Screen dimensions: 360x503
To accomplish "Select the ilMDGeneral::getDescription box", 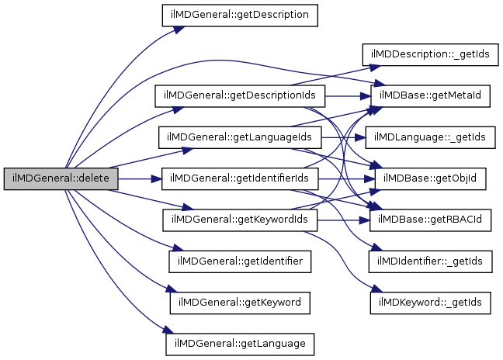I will (240, 15).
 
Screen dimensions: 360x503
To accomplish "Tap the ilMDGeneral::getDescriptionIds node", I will (240, 96).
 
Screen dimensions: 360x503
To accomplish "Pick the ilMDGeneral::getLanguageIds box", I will (240, 137).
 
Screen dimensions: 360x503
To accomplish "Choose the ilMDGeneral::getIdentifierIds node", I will (240, 178).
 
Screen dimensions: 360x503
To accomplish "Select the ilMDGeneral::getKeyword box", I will (241, 301).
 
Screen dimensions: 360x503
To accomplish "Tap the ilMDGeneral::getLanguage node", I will (240, 342).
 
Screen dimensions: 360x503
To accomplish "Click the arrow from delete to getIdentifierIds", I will (140, 178).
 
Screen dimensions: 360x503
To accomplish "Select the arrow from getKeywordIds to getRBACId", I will (345, 220).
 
